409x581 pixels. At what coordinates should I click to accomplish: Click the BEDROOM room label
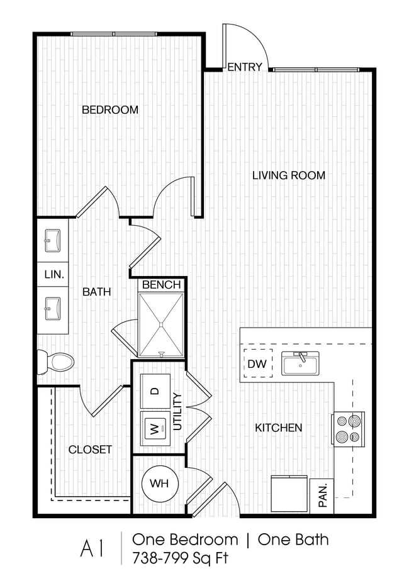[x=110, y=110]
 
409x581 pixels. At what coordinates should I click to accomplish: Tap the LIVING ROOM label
[x=289, y=175]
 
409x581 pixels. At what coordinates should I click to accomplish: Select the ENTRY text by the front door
[x=244, y=67]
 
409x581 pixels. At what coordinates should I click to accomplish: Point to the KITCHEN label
[x=278, y=428]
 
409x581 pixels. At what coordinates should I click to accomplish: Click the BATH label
[x=97, y=292]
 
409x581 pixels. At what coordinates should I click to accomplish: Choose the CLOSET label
[x=90, y=450]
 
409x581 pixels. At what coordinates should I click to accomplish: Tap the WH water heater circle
[x=159, y=484]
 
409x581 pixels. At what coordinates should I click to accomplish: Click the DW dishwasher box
[x=257, y=363]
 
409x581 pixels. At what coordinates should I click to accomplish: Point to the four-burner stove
[x=348, y=428]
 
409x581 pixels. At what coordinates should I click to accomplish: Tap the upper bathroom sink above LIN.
[x=52, y=239]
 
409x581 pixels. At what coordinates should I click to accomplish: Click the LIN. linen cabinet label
[x=52, y=274]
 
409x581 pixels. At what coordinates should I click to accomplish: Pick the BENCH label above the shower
[x=161, y=285]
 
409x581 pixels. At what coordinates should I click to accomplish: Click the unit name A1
[x=91, y=548]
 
